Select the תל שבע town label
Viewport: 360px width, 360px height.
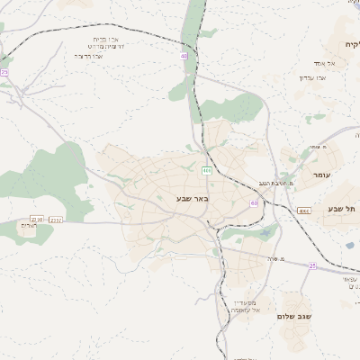[x=342, y=209]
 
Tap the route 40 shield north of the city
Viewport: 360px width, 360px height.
[x=184, y=56]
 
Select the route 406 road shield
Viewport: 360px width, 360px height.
[x=207, y=169]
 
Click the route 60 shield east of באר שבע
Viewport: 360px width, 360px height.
[x=254, y=203]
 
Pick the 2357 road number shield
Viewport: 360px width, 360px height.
[x=56, y=219]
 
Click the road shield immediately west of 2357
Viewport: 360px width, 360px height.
[x=37, y=219]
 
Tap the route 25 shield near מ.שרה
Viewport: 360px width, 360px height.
[x=312, y=265]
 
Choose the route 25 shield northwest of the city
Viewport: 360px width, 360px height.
[x=4, y=72]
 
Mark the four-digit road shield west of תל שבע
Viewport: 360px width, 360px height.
[x=304, y=211]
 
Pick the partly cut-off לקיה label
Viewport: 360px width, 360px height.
[x=350, y=44]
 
